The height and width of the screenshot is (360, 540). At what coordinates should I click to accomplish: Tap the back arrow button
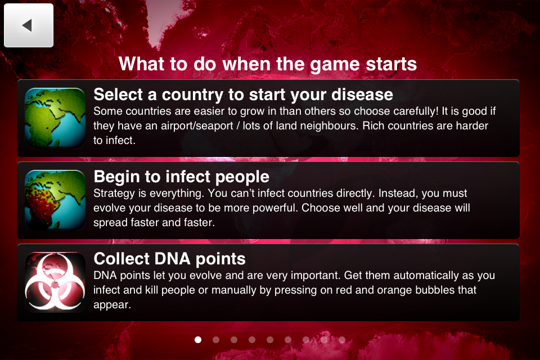[x=28, y=25]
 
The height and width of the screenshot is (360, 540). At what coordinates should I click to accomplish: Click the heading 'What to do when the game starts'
[x=268, y=64]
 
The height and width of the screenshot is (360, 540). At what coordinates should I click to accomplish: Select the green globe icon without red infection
[x=55, y=118]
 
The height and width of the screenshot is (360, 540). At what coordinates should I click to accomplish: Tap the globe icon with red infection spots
[x=55, y=200]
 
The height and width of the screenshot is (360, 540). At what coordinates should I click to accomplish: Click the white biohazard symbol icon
[x=55, y=282]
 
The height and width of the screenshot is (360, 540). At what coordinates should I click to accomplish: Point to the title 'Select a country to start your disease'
[x=243, y=94]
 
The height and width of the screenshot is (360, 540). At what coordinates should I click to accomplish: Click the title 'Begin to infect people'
[x=181, y=177]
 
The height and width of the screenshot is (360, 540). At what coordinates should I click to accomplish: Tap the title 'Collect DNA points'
[x=169, y=259]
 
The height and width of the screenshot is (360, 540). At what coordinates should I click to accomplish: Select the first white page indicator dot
[x=198, y=339]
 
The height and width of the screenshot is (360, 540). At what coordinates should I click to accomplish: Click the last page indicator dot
[x=342, y=339]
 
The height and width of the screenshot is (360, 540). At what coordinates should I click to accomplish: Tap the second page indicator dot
[x=216, y=339]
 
